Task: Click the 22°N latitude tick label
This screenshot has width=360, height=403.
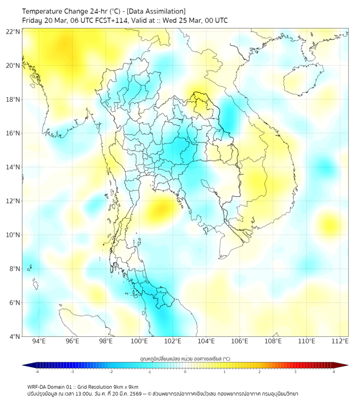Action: point(13,31)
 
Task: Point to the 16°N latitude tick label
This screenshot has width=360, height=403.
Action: point(13,133)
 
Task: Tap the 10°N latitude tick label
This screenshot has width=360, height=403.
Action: point(13,235)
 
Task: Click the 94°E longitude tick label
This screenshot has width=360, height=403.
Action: point(39,342)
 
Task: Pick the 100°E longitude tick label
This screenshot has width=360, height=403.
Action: point(139,342)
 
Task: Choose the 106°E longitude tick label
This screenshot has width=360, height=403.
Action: point(240,342)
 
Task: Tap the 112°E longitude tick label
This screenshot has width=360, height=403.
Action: point(340,342)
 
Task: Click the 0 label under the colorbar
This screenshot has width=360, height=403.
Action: point(185,372)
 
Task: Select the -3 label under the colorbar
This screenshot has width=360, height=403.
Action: point(72,372)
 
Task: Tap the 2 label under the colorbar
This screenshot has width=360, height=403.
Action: point(259,372)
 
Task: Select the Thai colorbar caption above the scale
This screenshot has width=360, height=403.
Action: point(185,359)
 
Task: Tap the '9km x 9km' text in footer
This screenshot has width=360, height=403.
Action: point(126,387)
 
